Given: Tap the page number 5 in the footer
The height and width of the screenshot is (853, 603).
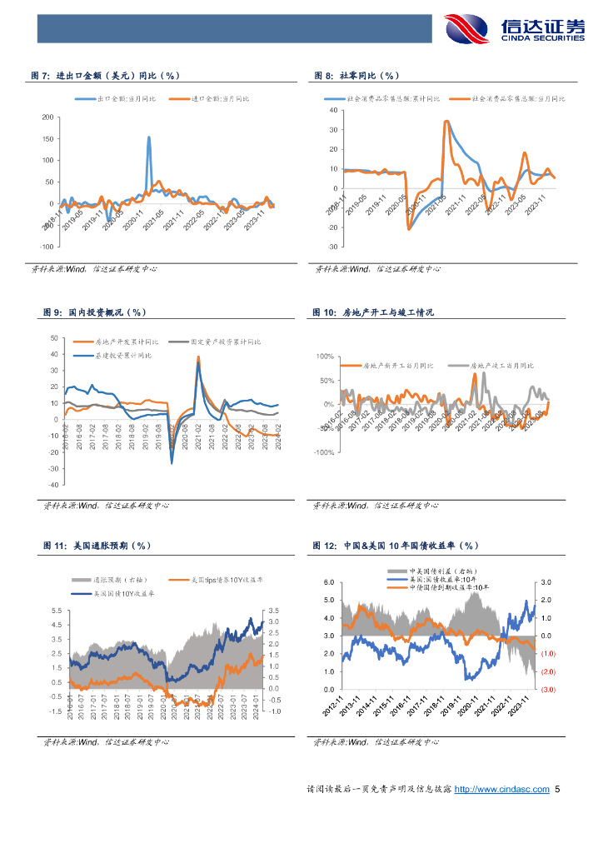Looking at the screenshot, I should [x=558, y=789].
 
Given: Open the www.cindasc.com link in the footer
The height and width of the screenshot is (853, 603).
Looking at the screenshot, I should [x=501, y=789].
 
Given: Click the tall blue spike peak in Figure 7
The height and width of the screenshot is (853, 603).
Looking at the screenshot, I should [x=149, y=137].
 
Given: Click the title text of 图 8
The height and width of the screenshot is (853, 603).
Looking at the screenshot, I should [x=357, y=76].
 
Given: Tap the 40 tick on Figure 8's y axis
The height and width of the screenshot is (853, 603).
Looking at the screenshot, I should [x=332, y=110].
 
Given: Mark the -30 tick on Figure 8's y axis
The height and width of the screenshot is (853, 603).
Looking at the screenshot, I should [x=331, y=247].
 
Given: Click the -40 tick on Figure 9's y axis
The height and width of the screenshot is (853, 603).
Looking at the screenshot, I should [x=54, y=484].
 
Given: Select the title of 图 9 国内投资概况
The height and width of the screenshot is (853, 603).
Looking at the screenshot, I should [x=94, y=312].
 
